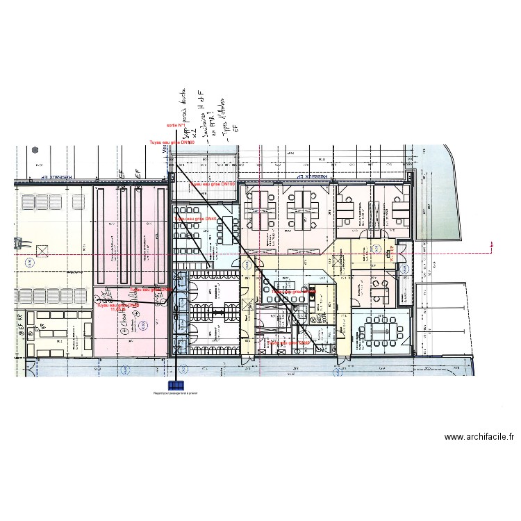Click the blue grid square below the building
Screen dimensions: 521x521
pos(176,385)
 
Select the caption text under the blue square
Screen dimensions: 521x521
pos(176,394)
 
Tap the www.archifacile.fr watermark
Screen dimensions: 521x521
pos(479,437)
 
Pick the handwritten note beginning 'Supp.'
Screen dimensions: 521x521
pos(184,115)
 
